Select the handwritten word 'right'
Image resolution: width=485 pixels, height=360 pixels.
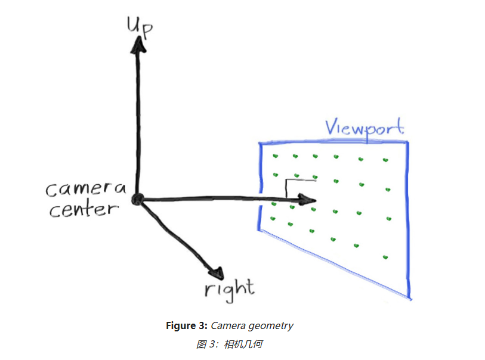click(229, 289)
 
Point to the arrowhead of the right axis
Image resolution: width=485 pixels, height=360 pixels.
click(216, 272)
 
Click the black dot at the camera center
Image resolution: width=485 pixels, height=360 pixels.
click(138, 200)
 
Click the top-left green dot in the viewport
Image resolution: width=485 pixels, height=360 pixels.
click(275, 156)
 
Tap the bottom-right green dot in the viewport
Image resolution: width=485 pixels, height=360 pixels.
click(385, 257)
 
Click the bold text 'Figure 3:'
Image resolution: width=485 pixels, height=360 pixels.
click(187, 326)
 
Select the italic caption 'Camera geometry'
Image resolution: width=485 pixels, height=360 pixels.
click(252, 326)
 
